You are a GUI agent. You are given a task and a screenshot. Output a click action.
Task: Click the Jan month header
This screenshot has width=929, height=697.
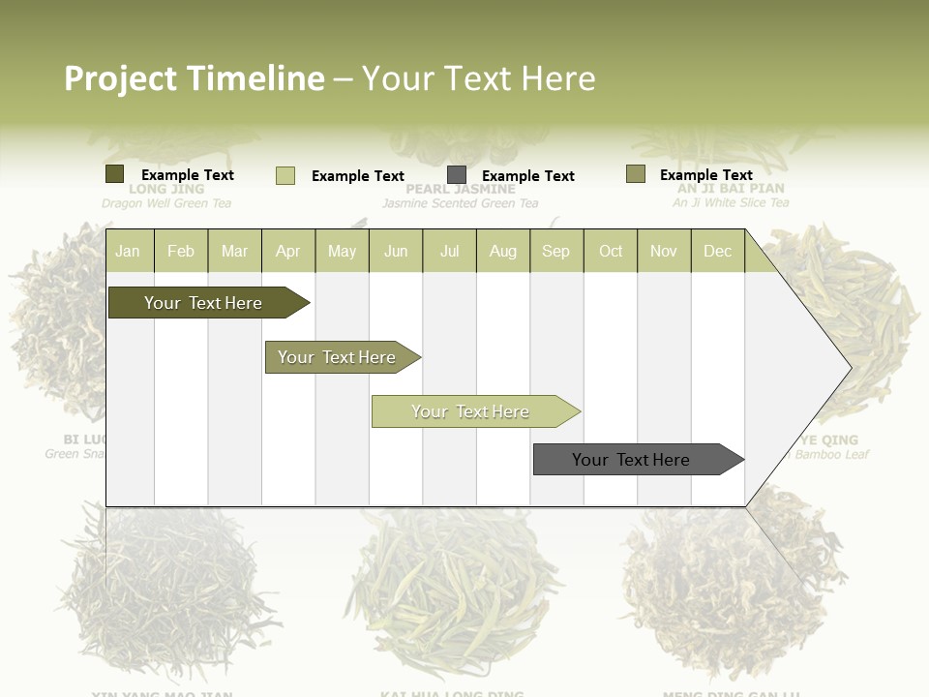coord(128,251)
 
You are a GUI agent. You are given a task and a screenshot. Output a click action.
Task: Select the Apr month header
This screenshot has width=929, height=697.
coord(287,251)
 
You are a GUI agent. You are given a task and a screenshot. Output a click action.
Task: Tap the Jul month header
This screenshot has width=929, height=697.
coord(449,251)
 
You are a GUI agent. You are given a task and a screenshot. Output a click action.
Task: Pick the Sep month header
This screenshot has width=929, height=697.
coord(555,251)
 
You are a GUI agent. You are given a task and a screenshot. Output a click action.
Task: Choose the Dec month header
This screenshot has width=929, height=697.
coord(717,251)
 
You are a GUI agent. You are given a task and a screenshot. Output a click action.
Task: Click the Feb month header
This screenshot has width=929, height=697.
coord(181,251)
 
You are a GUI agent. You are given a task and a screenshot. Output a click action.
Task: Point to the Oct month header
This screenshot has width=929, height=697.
coord(611,251)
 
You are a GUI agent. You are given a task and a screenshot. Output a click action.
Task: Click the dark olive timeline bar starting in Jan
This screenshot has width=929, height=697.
coord(203,303)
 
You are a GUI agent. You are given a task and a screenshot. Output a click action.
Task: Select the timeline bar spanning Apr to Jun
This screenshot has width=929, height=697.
coord(338,357)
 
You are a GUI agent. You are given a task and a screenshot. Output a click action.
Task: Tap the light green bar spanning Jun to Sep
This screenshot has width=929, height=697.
coord(471,411)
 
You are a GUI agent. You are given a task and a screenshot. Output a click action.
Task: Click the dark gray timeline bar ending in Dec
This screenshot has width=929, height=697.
coord(632,460)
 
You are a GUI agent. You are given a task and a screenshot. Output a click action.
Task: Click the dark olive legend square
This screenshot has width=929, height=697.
coord(114,174)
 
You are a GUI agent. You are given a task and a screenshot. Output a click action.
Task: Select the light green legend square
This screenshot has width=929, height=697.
coord(285,175)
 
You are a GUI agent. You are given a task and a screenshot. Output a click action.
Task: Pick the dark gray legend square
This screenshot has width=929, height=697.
coord(457,175)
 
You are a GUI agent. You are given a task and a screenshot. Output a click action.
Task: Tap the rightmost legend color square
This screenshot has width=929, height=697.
coord(635,174)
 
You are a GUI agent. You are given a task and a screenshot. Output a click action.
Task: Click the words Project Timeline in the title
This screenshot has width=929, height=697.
coord(194,78)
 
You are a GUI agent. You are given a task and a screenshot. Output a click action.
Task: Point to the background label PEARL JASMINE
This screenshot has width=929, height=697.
coord(460,190)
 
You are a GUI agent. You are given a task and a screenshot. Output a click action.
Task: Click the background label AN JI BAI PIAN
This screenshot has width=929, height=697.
coord(731,189)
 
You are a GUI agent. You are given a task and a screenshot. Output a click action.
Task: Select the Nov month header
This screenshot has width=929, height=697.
coord(664,251)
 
